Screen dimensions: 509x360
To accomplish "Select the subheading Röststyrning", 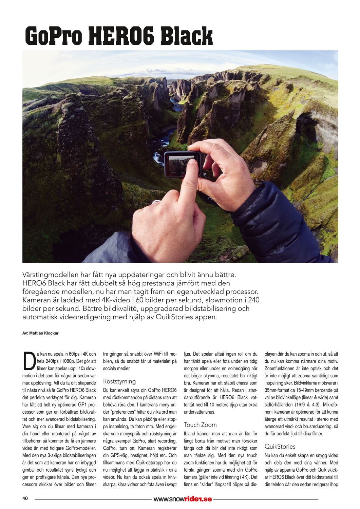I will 119,381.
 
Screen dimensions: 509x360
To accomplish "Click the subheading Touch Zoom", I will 200,425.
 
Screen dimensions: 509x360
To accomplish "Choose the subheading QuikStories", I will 280,446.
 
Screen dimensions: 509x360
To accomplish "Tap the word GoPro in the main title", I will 54,37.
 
